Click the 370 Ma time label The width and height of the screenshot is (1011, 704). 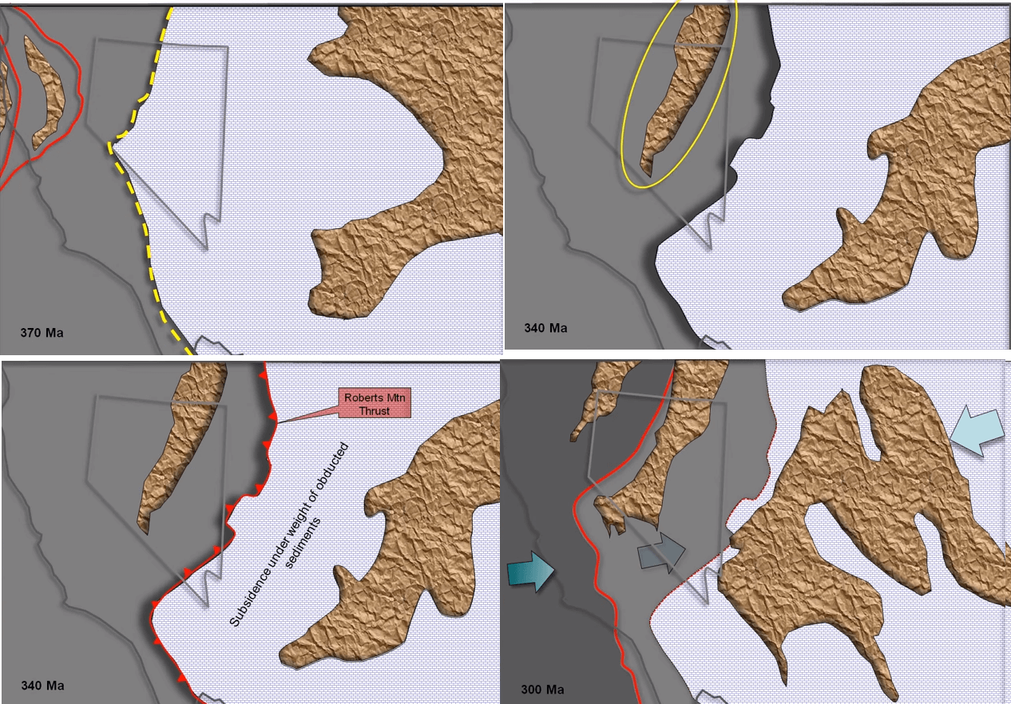42,332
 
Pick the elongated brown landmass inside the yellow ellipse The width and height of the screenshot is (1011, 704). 685,88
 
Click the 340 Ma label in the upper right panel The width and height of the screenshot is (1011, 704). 545,328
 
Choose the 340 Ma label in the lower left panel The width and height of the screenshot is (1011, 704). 42,686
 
